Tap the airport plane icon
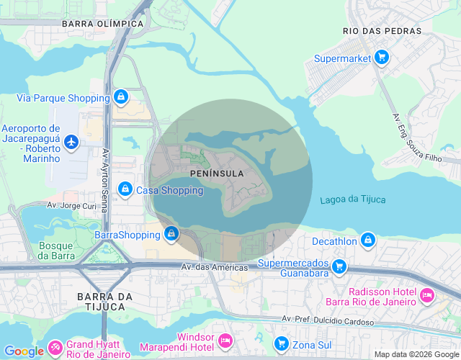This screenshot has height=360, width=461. coord(71,142)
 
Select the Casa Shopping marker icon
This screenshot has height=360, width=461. coord(125,189)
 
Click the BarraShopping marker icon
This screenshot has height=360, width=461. coord(171,233)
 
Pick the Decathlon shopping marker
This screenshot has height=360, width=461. coord(368,239)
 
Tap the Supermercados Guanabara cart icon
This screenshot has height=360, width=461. coord(339,267)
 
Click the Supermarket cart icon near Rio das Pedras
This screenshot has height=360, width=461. coord(382,58)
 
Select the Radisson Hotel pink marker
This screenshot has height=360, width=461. coord(426,295)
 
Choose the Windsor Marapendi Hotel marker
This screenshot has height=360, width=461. coord(225,339)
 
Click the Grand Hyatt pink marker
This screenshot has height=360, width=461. coord(55,350)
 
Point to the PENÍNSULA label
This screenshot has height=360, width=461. coord(217,174)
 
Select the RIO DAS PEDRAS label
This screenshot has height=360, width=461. coord(375,31)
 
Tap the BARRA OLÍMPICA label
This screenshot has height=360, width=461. coord(102,23)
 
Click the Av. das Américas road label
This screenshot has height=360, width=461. coord(214,267)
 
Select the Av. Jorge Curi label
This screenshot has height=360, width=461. coord(71,205)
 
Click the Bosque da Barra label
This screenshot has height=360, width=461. coord(56,250)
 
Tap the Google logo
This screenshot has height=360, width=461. coord(24,351)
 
